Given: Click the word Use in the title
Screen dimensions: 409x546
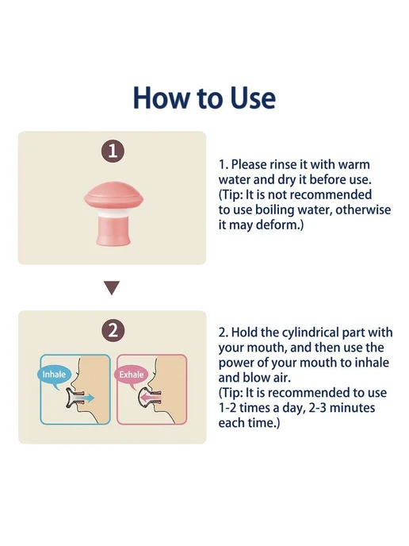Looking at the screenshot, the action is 253,98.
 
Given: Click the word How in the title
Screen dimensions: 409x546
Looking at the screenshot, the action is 162,98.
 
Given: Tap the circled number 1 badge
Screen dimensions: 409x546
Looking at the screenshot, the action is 113,151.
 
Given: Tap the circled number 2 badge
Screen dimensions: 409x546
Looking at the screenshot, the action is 113,330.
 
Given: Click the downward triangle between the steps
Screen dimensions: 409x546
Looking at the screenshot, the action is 112,287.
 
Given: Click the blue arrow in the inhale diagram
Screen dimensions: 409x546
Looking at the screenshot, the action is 87,398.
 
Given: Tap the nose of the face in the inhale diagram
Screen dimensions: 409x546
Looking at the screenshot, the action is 75,383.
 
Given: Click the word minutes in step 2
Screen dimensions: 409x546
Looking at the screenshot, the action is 352,408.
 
